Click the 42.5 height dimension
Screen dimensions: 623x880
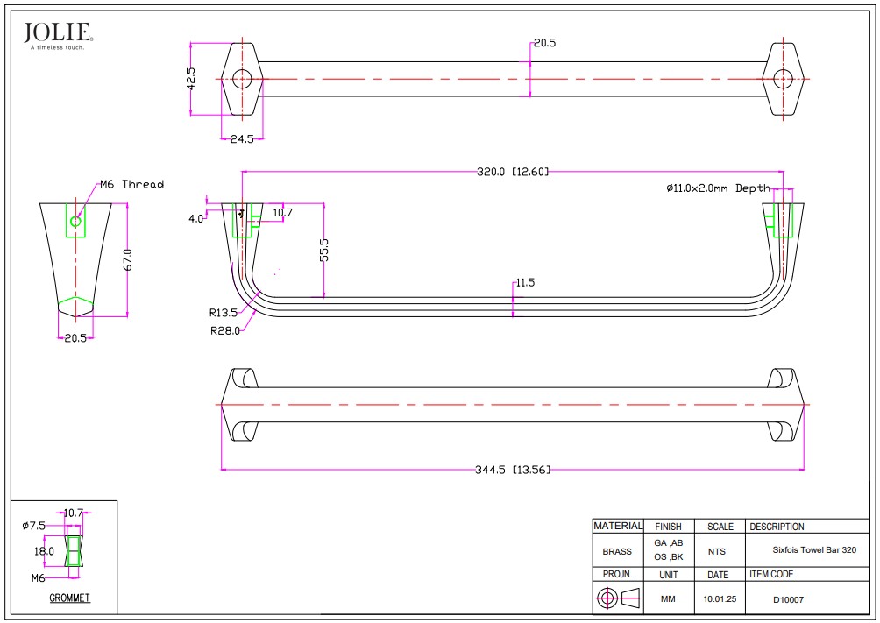click(190, 78)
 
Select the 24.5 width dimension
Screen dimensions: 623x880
click(241, 139)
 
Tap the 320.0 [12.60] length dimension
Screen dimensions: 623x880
click(513, 172)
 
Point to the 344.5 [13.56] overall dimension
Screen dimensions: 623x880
click(513, 470)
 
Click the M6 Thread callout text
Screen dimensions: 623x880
click(131, 184)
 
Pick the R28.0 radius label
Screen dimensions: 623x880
click(224, 330)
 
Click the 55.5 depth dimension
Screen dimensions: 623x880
click(324, 250)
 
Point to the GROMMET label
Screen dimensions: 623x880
click(69, 598)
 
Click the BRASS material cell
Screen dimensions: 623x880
click(617, 552)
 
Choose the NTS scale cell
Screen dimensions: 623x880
click(716, 552)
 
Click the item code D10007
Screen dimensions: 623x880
click(788, 600)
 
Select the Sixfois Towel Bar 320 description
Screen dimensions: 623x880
click(813, 551)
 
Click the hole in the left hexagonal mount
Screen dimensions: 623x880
click(241, 79)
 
